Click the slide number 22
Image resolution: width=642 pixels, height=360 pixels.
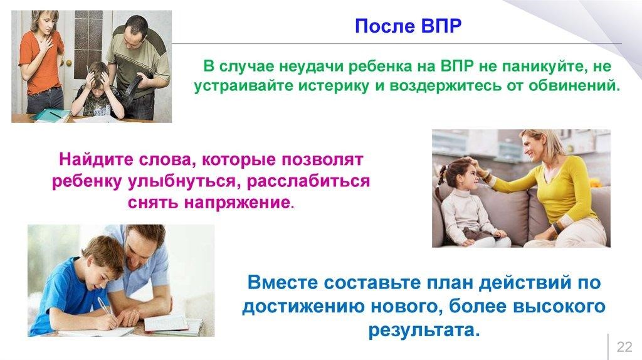[x=624, y=346]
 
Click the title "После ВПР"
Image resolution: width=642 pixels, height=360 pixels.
[x=408, y=26]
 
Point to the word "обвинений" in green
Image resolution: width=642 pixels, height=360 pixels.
[x=574, y=85]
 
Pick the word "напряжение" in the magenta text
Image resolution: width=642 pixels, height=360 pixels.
[x=239, y=203]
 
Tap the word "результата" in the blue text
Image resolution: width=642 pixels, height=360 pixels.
[x=424, y=330]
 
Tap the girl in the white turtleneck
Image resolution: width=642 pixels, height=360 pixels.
[x=471, y=203]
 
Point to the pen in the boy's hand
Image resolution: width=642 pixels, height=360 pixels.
[x=104, y=305]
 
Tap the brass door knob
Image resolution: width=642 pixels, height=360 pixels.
[x=69, y=63]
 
